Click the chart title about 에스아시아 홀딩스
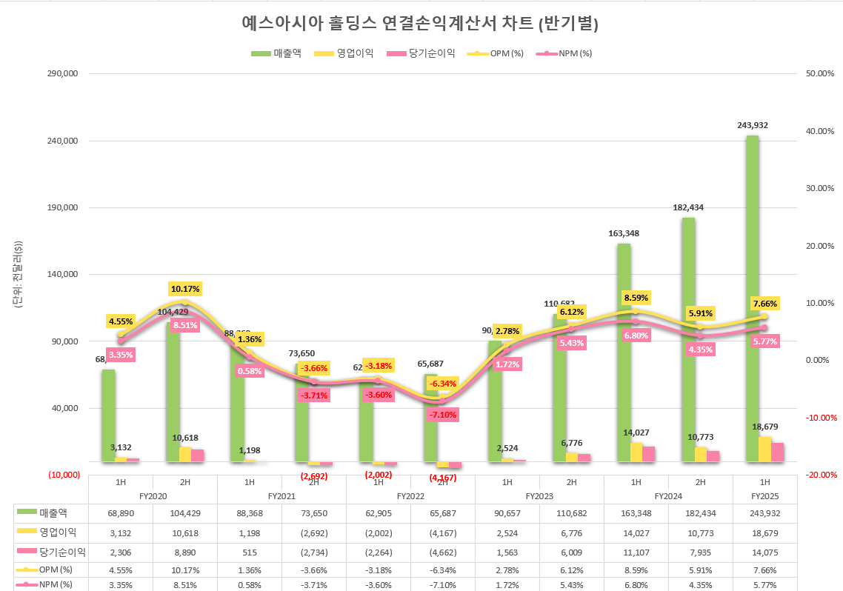click(x=420, y=23)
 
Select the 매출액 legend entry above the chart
click(x=276, y=53)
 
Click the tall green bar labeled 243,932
click(x=752, y=296)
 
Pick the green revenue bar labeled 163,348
click(x=623, y=352)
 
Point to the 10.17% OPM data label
click(x=185, y=288)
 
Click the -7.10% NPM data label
click(x=442, y=414)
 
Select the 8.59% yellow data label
click(x=636, y=298)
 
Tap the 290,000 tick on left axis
click(x=63, y=74)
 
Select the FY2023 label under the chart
click(x=539, y=496)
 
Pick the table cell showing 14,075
click(x=764, y=552)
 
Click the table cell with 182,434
click(x=700, y=512)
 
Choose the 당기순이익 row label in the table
click(x=63, y=552)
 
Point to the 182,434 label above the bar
click(x=687, y=207)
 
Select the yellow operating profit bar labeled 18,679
click(x=764, y=449)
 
